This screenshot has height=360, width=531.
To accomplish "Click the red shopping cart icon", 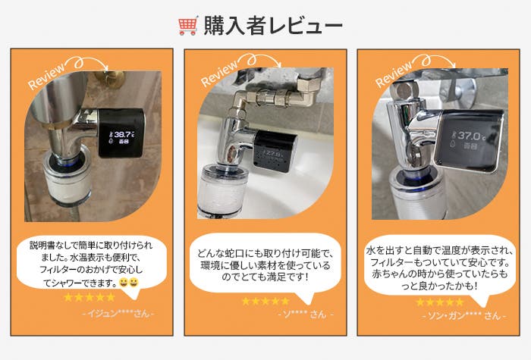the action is click(187, 26).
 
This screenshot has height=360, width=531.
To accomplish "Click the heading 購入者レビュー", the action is click(273, 26).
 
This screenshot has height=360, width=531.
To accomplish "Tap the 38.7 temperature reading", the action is click(123, 135).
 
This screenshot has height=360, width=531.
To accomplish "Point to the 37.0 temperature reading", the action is click(470, 136).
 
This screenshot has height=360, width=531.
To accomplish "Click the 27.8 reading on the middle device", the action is click(273, 154).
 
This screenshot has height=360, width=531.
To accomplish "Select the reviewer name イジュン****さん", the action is click(118, 314).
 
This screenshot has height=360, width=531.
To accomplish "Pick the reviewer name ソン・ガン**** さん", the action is click(464, 316).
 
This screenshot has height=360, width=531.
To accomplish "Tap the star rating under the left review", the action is click(90, 297).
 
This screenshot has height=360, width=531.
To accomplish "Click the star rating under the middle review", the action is click(265, 301).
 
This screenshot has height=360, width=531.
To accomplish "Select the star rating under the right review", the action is click(439, 302).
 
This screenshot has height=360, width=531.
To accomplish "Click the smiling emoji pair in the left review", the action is click(129, 282).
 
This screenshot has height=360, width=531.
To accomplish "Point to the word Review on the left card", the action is click(46, 76).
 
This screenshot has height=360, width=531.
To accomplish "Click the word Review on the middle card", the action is click(219, 74).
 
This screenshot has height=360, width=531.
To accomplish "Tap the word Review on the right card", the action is click(394, 74).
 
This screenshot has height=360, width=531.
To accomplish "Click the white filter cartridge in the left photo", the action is click(67, 183).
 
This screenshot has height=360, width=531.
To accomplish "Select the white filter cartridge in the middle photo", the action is click(222, 192).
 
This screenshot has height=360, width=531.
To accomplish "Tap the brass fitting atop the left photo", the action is click(109, 79).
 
